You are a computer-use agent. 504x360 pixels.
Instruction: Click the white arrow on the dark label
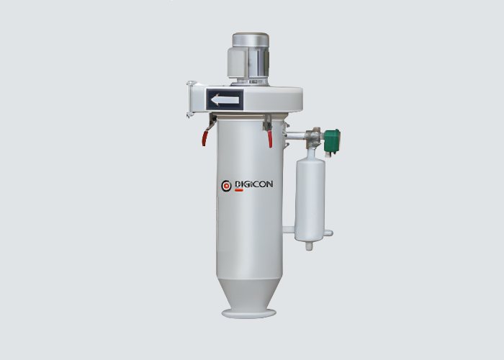(225, 100)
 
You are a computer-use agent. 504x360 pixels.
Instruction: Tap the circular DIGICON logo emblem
(226, 186)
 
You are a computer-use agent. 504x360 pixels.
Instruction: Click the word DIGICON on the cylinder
(254, 184)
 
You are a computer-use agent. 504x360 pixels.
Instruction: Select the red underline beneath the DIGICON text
(239, 190)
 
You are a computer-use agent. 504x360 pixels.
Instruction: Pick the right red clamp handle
(270, 139)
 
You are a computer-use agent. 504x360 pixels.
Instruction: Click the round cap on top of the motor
(251, 40)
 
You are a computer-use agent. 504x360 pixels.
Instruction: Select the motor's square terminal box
(237, 63)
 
